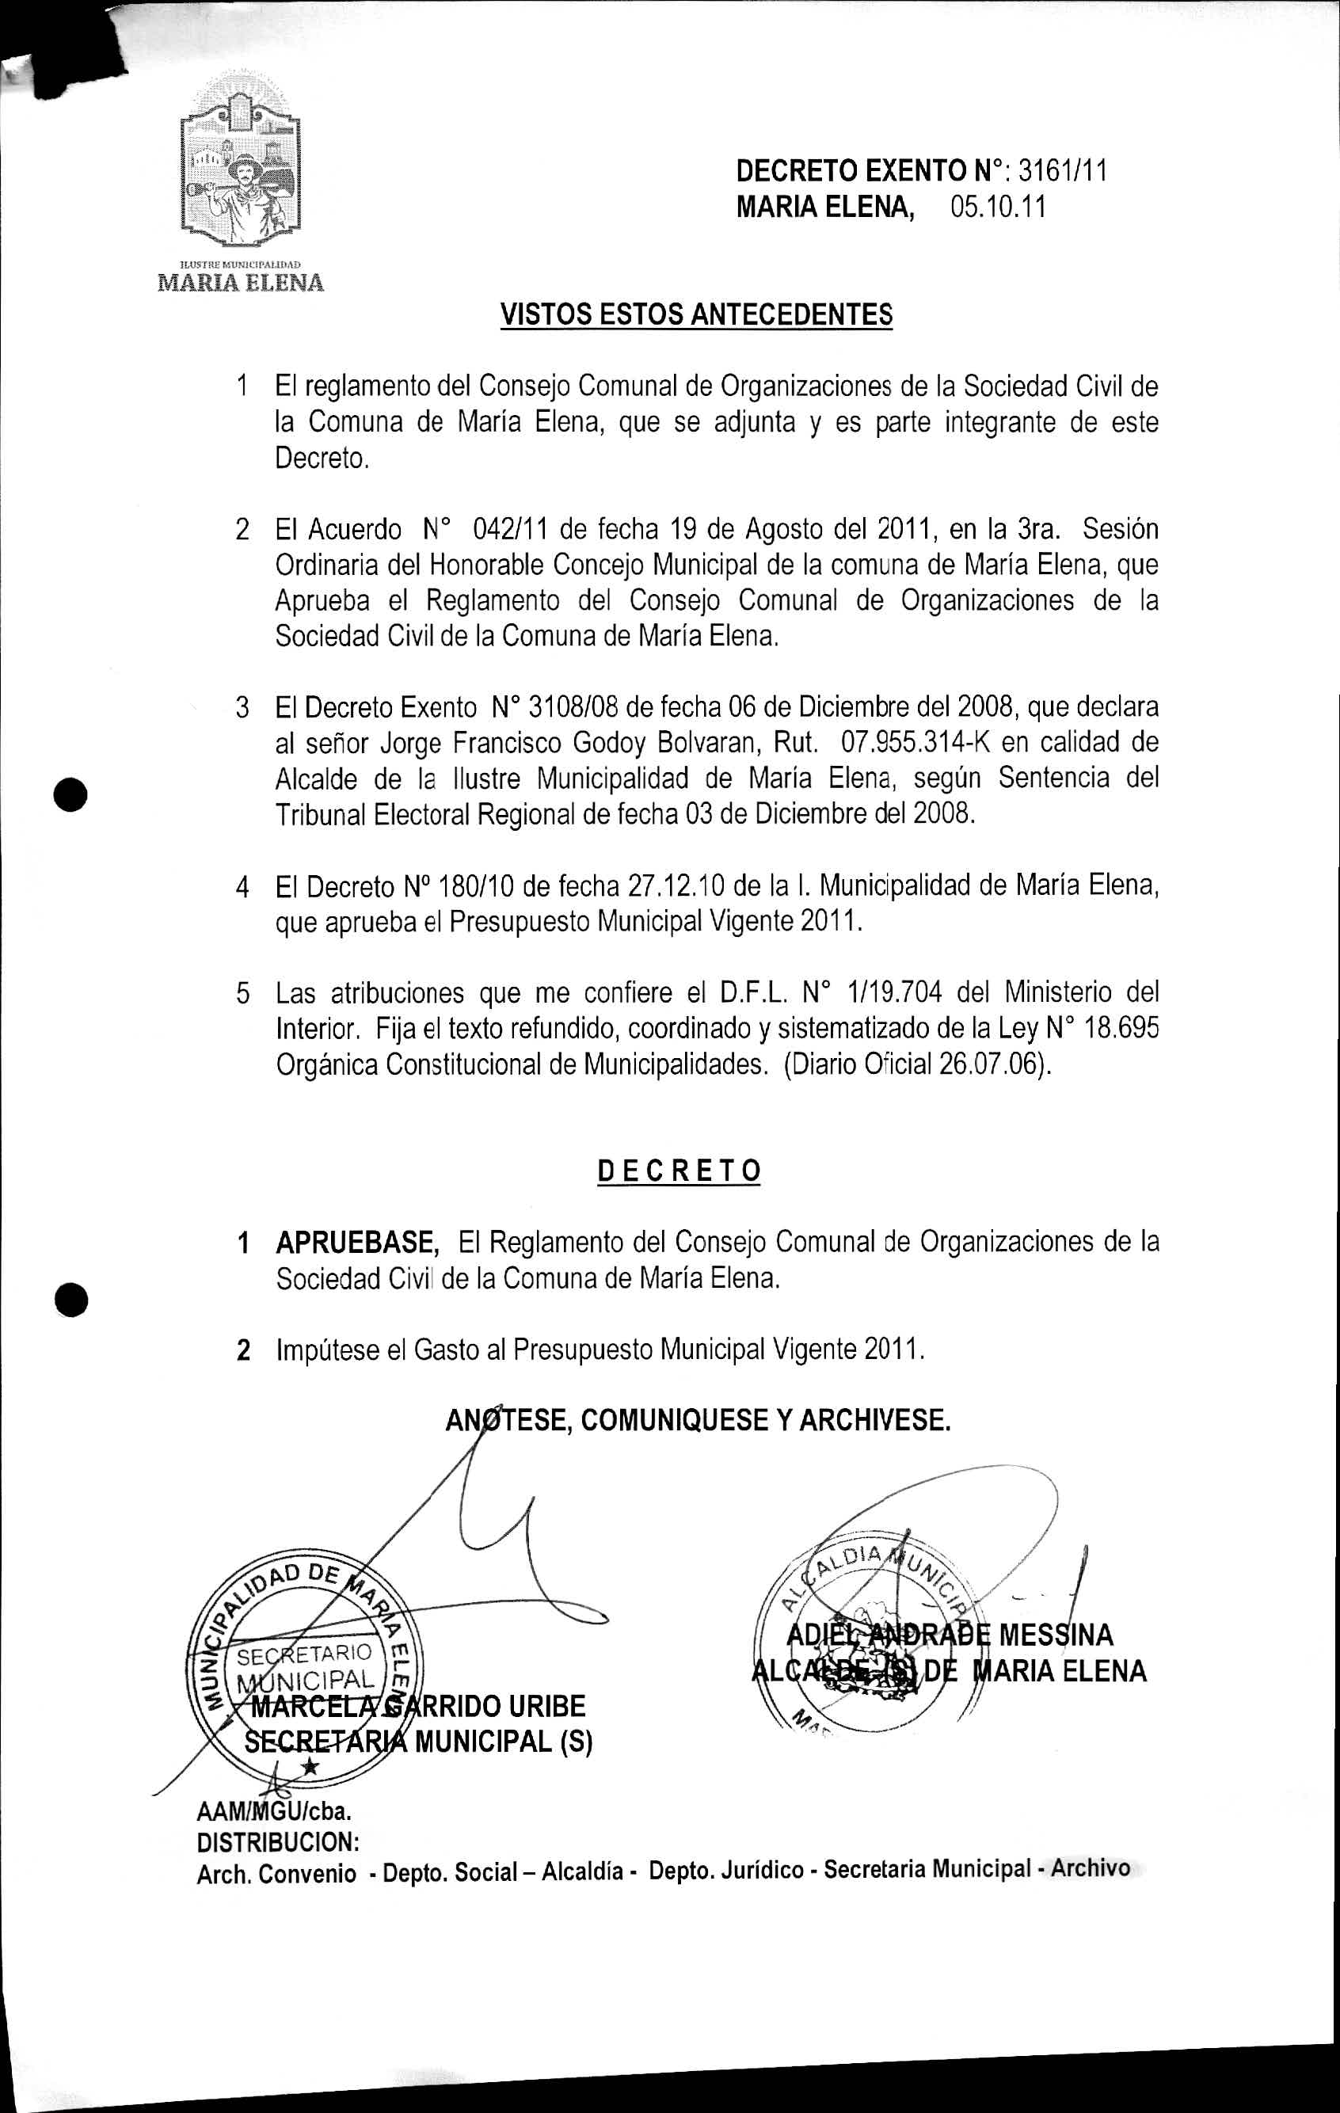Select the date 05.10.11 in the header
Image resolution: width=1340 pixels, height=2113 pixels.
tap(998, 208)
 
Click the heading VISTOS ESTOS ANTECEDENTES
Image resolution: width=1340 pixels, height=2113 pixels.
tap(696, 314)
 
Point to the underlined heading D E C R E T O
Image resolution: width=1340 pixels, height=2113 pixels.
tap(679, 1171)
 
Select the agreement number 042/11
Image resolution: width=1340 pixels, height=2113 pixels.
tap(511, 530)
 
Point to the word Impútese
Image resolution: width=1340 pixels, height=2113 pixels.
tap(326, 1349)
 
